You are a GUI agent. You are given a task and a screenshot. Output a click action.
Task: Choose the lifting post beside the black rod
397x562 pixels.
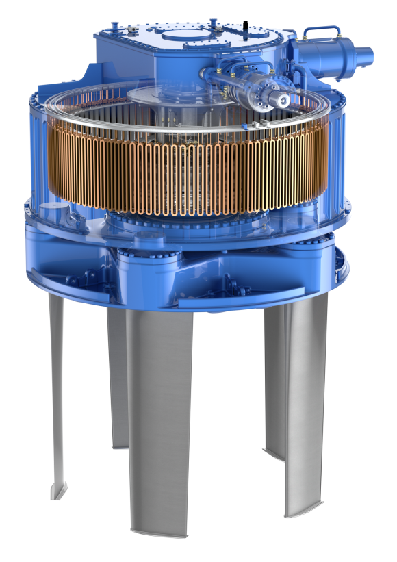click(x=214, y=25)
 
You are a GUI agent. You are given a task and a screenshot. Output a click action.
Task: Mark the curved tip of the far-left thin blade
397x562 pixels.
click(x=58, y=489)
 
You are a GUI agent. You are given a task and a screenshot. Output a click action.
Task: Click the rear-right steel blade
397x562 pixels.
click(x=274, y=383)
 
